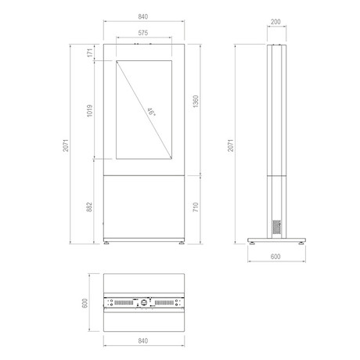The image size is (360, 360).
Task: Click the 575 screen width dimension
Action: [x=143, y=33]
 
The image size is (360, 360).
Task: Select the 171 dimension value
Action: [x=90, y=53]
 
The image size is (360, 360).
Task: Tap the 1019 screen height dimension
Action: [x=90, y=110]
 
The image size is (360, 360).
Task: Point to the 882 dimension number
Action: [x=89, y=207]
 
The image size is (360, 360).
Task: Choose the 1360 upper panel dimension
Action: [x=196, y=102]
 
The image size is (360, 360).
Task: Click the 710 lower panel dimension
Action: [x=196, y=207]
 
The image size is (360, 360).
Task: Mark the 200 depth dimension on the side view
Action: [x=275, y=22]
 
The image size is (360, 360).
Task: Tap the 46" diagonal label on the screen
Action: [x=151, y=112]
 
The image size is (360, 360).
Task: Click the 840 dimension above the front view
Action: [x=143, y=16]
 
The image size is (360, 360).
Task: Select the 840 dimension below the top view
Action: [x=143, y=340]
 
